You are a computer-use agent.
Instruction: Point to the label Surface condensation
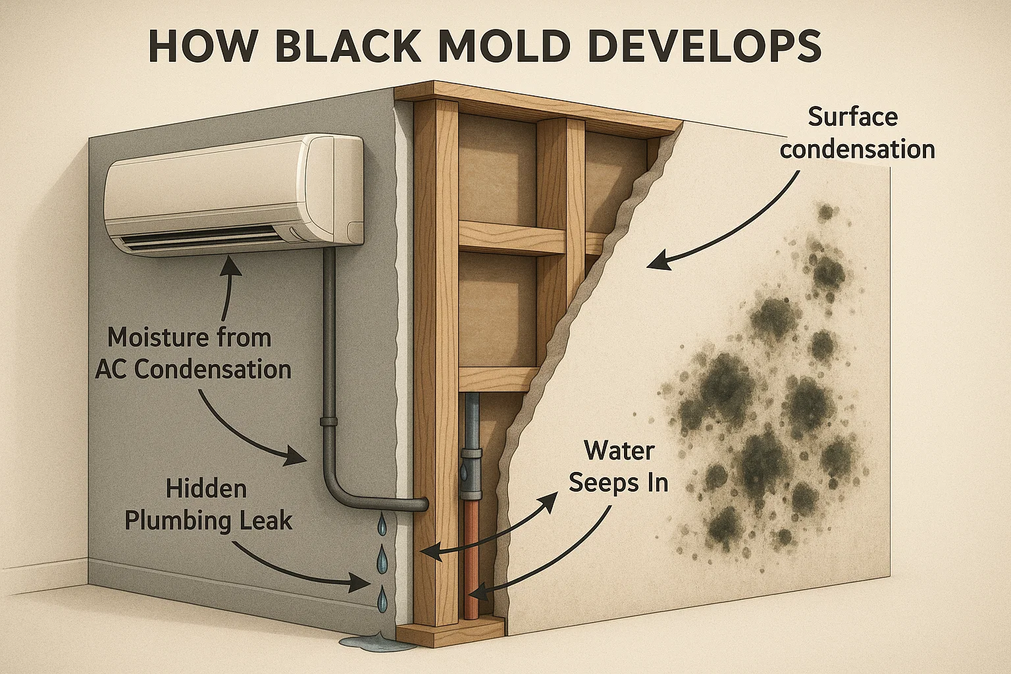click(x=857, y=134)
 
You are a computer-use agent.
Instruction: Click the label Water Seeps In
click(x=619, y=467)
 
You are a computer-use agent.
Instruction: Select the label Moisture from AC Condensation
click(x=193, y=353)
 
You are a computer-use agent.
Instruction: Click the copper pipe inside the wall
click(x=472, y=566)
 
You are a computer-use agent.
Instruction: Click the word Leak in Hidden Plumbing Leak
click(x=265, y=521)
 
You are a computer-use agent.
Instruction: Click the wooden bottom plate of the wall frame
click(x=448, y=633)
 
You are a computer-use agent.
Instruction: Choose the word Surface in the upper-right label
click(x=852, y=117)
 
